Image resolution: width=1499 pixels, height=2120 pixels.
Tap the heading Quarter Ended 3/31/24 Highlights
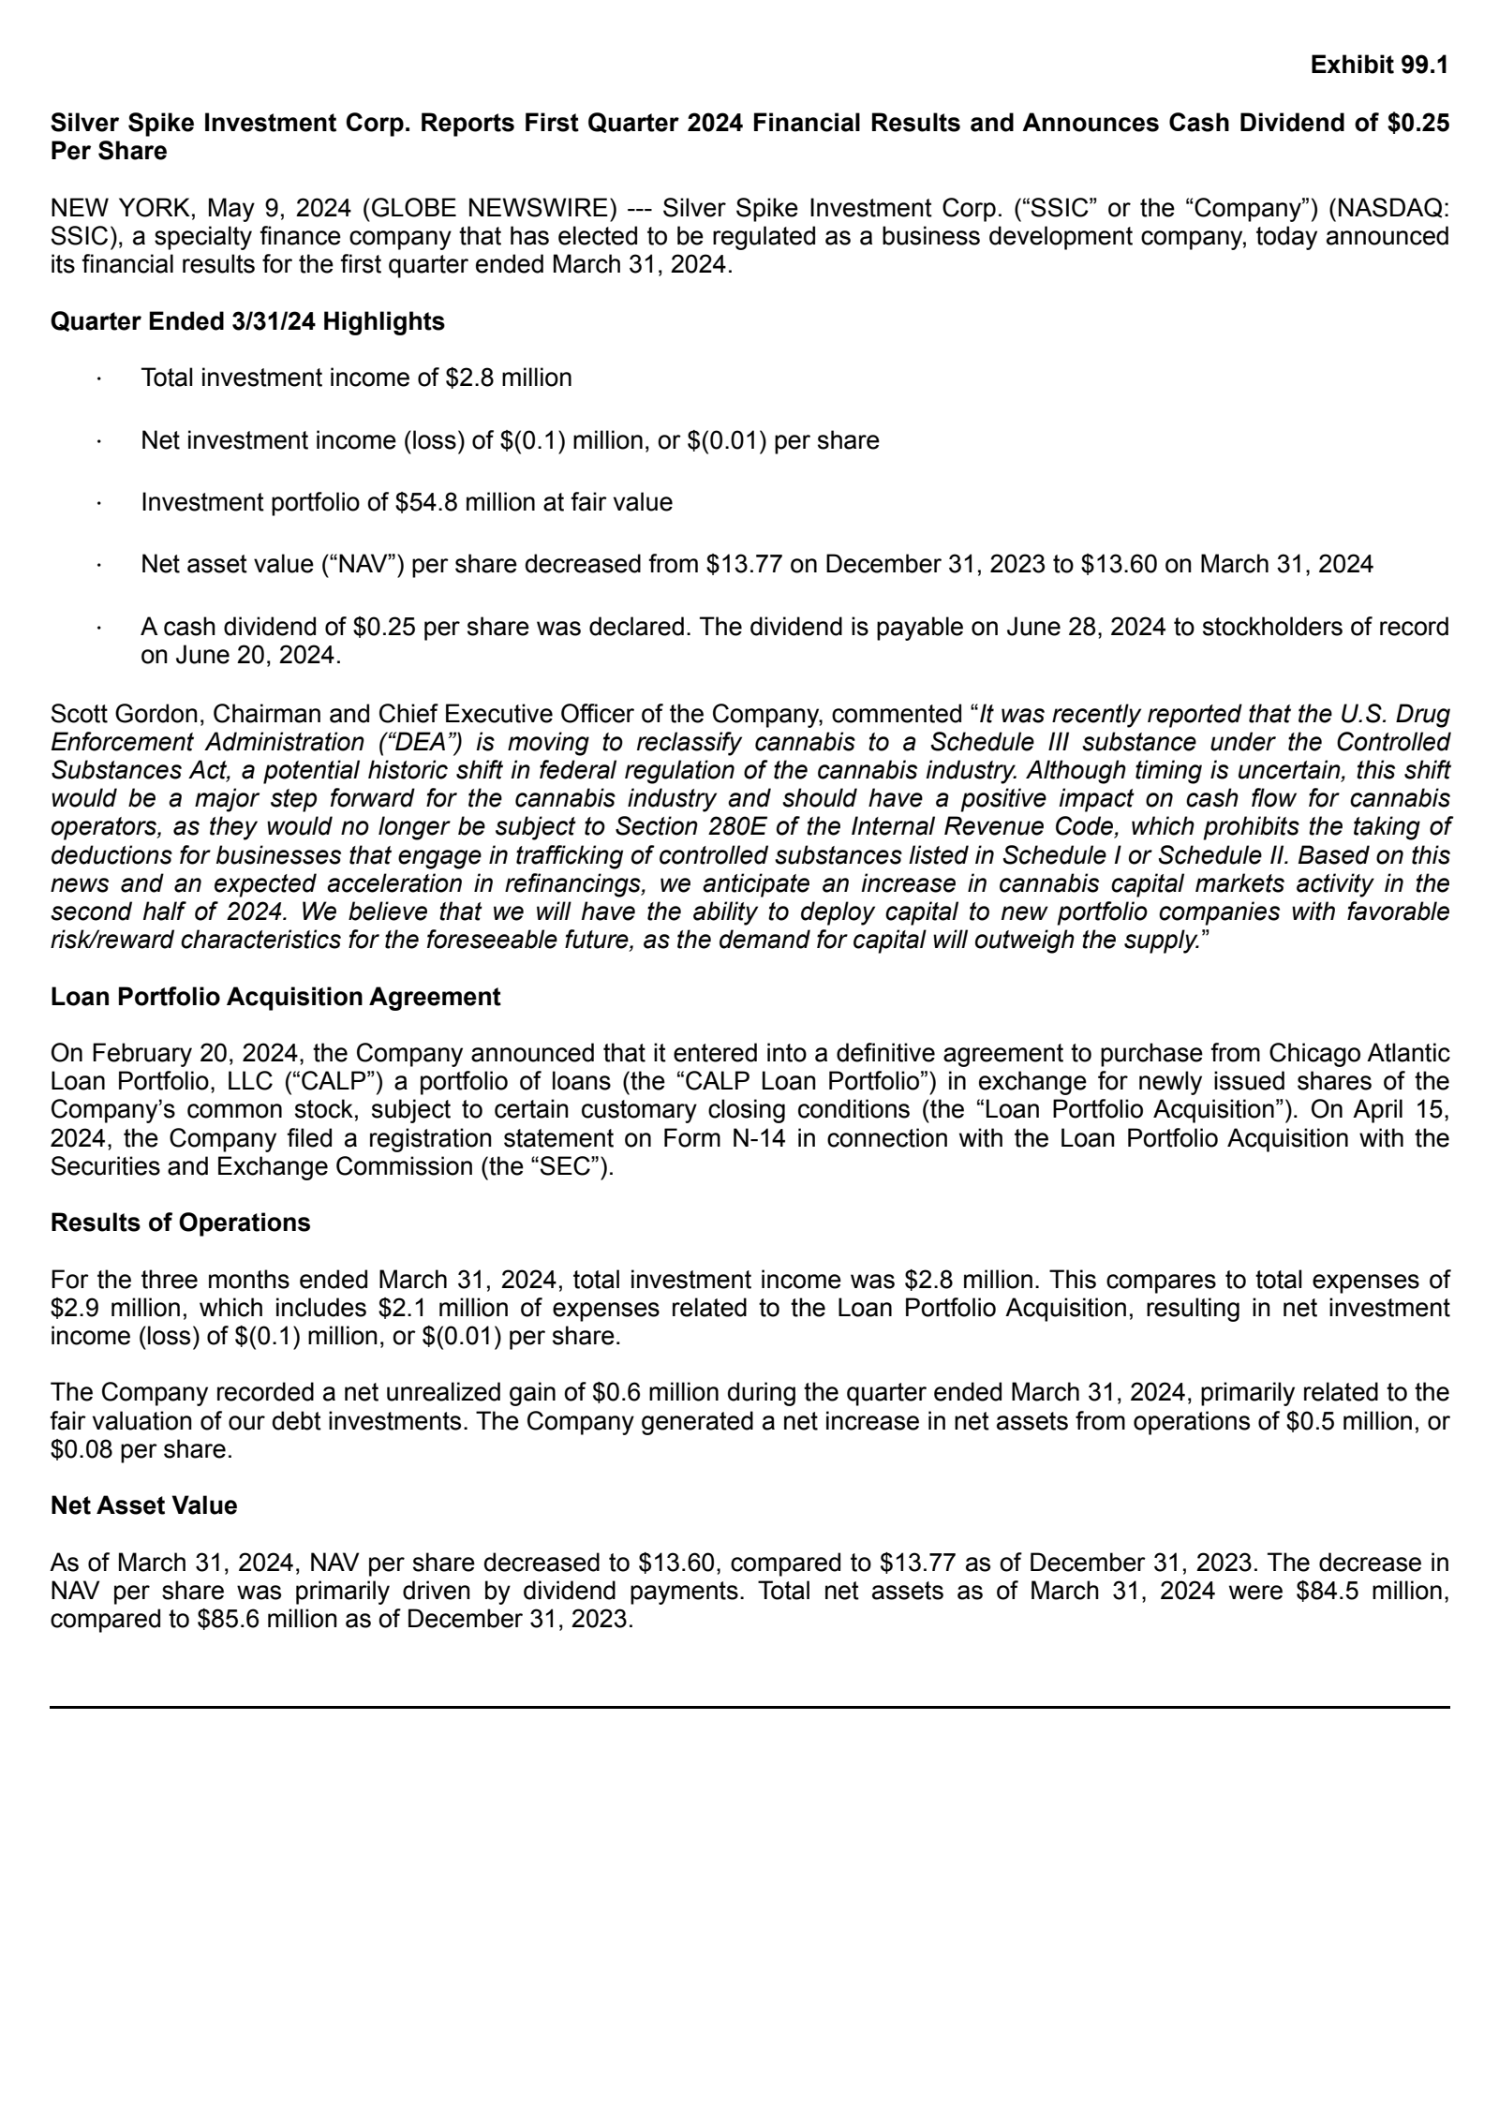tap(247, 321)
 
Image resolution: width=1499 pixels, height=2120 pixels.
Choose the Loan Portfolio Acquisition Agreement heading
tap(275, 997)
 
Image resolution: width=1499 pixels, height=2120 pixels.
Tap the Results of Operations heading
tap(180, 1223)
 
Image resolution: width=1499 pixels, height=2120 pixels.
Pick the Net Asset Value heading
tap(143, 1505)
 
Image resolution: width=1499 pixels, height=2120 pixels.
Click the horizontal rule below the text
tap(749, 1707)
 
